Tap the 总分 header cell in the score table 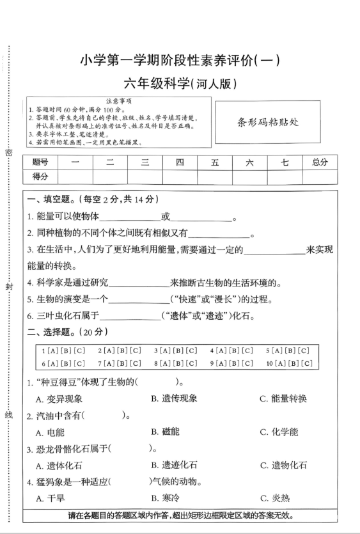[x=320, y=163]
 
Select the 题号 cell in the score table [x=40, y=163]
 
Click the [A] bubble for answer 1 [x=51, y=350]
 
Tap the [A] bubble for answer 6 [x=51, y=363]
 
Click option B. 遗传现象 [x=174, y=398]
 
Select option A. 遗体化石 [x=59, y=465]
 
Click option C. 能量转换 [x=283, y=398]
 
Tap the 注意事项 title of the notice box [x=118, y=100]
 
